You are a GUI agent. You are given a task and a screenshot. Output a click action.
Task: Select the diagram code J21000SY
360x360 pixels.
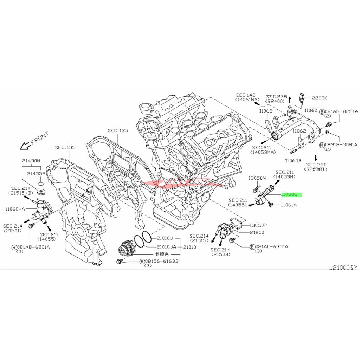(343, 268)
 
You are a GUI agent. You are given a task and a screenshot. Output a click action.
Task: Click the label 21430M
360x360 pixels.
(31, 161)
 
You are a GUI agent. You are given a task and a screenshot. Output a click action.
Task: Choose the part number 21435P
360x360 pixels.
(38, 173)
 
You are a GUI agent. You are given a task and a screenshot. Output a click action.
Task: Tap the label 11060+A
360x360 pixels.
(15, 209)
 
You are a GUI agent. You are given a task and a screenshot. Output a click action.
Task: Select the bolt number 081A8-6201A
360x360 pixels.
(34, 247)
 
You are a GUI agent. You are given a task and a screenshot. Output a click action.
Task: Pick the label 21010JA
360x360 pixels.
(166, 247)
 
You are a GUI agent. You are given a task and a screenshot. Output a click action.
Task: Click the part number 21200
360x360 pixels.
(257, 232)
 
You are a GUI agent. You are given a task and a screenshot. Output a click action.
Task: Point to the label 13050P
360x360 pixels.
(258, 225)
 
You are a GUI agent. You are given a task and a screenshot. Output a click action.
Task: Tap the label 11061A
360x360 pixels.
(288, 204)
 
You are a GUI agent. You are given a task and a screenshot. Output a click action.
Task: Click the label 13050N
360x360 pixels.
(257, 178)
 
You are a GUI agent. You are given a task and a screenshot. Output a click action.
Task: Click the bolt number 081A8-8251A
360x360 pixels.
(341, 111)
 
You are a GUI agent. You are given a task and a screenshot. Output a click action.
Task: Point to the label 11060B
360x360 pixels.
(293, 160)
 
